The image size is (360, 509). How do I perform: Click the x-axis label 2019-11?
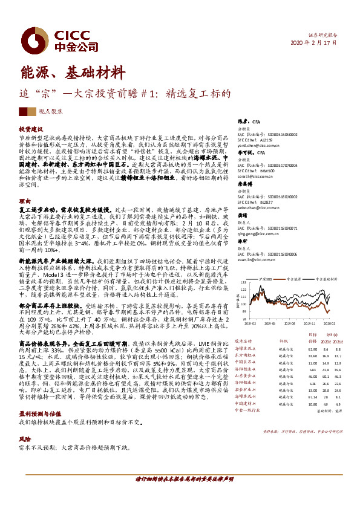(311, 323)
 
